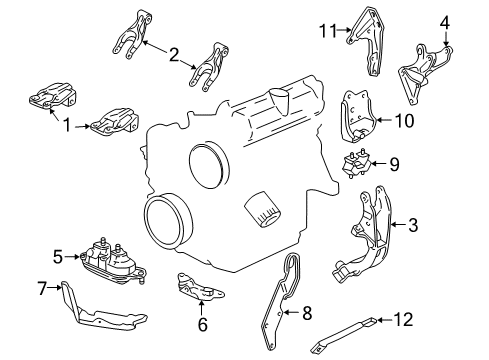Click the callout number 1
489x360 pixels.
tap(68, 127)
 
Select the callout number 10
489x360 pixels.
tap(406, 121)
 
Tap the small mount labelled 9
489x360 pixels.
tap(358, 166)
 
